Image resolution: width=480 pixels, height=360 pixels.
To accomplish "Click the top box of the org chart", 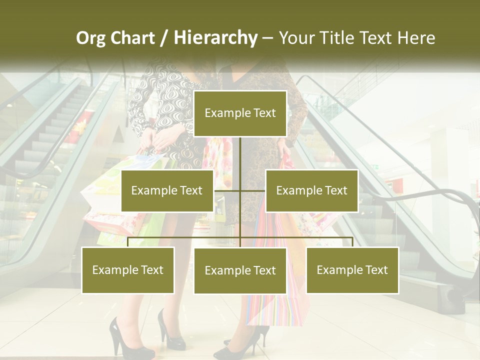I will click(x=240, y=113).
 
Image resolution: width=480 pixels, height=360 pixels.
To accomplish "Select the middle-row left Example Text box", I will click(x=167, y=190).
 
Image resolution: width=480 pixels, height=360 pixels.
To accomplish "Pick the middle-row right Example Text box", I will click(x=311, y=190).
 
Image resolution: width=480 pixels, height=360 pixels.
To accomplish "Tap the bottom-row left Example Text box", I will click(x=128, y=270).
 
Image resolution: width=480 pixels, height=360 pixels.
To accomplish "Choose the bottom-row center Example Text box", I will click(x=240, y=270).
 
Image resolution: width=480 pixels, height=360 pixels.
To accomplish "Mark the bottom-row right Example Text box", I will click(x=352, y=270).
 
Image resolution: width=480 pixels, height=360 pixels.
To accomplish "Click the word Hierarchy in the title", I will click(x=215, y=38).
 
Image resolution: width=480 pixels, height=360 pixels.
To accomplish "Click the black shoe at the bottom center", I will click(x=240, y=345).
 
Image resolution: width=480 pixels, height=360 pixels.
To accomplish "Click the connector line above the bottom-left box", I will click(x=128, y=242).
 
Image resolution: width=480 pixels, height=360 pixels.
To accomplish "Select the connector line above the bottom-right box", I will click(x=352, y=242).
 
